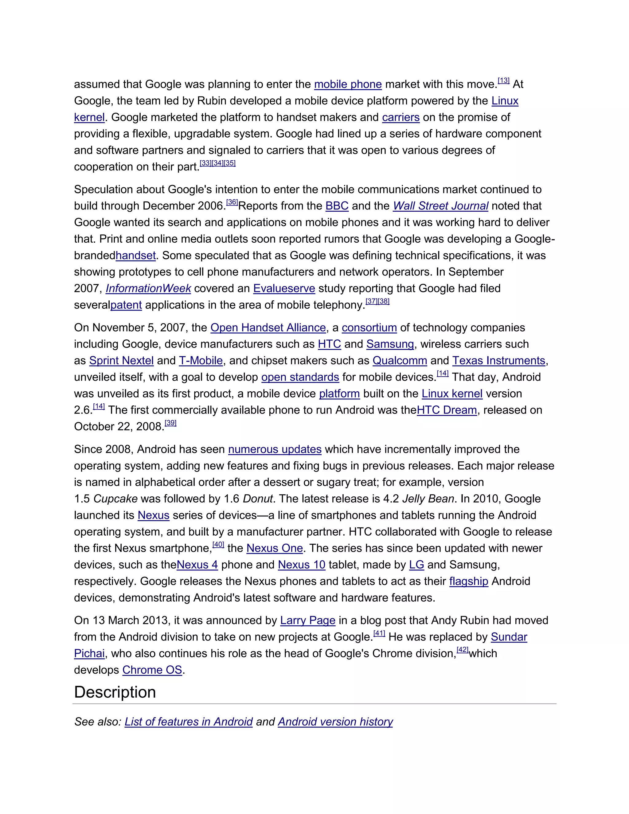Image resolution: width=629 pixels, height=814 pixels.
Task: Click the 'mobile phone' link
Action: click(x=348, y=84)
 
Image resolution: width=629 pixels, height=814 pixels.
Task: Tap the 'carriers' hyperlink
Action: click(x=400, y=117)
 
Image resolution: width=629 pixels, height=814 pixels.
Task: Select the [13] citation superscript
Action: click(x=503, y=80)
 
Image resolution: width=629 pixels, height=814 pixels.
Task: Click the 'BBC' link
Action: click(x=337, y=206)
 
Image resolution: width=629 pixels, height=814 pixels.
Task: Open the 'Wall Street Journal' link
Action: click(x=440, y=206)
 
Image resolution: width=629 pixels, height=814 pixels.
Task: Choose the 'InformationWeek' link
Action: click(x=148, y=288)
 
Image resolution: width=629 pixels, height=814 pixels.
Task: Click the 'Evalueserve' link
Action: click(x=284, y=288)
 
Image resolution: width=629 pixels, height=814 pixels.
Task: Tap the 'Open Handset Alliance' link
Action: click(x=268, y=328)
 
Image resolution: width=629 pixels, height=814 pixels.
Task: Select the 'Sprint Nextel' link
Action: click(x=122, y=361)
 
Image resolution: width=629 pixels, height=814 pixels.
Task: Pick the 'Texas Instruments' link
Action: click(x=498, y=361)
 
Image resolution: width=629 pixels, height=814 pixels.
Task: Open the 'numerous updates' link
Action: click(x=275, y=449)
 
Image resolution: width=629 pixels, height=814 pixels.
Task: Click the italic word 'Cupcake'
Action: click(x=115, y=499)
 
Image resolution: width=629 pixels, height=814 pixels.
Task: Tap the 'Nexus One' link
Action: click(x=275, y=548)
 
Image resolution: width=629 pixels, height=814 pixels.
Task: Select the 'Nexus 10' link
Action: click(x=302, y=565)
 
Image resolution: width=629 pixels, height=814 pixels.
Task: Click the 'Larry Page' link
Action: click(x=307, y=620)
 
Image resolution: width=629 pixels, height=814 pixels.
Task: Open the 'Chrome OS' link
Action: click(x=152, y=670)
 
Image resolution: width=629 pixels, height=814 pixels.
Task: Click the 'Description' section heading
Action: click(x=115, y=692)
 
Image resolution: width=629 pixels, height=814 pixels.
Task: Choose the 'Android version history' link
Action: click(x=335, y=722)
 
